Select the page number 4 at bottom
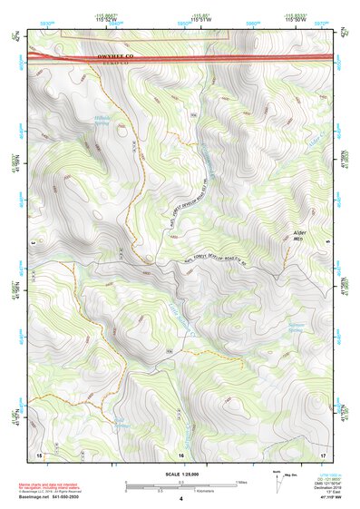click(x=180, y=500)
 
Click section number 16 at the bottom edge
click(x=180, y=454)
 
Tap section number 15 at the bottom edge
click(x=39, y=454)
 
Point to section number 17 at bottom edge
click(x=322, y=454)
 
